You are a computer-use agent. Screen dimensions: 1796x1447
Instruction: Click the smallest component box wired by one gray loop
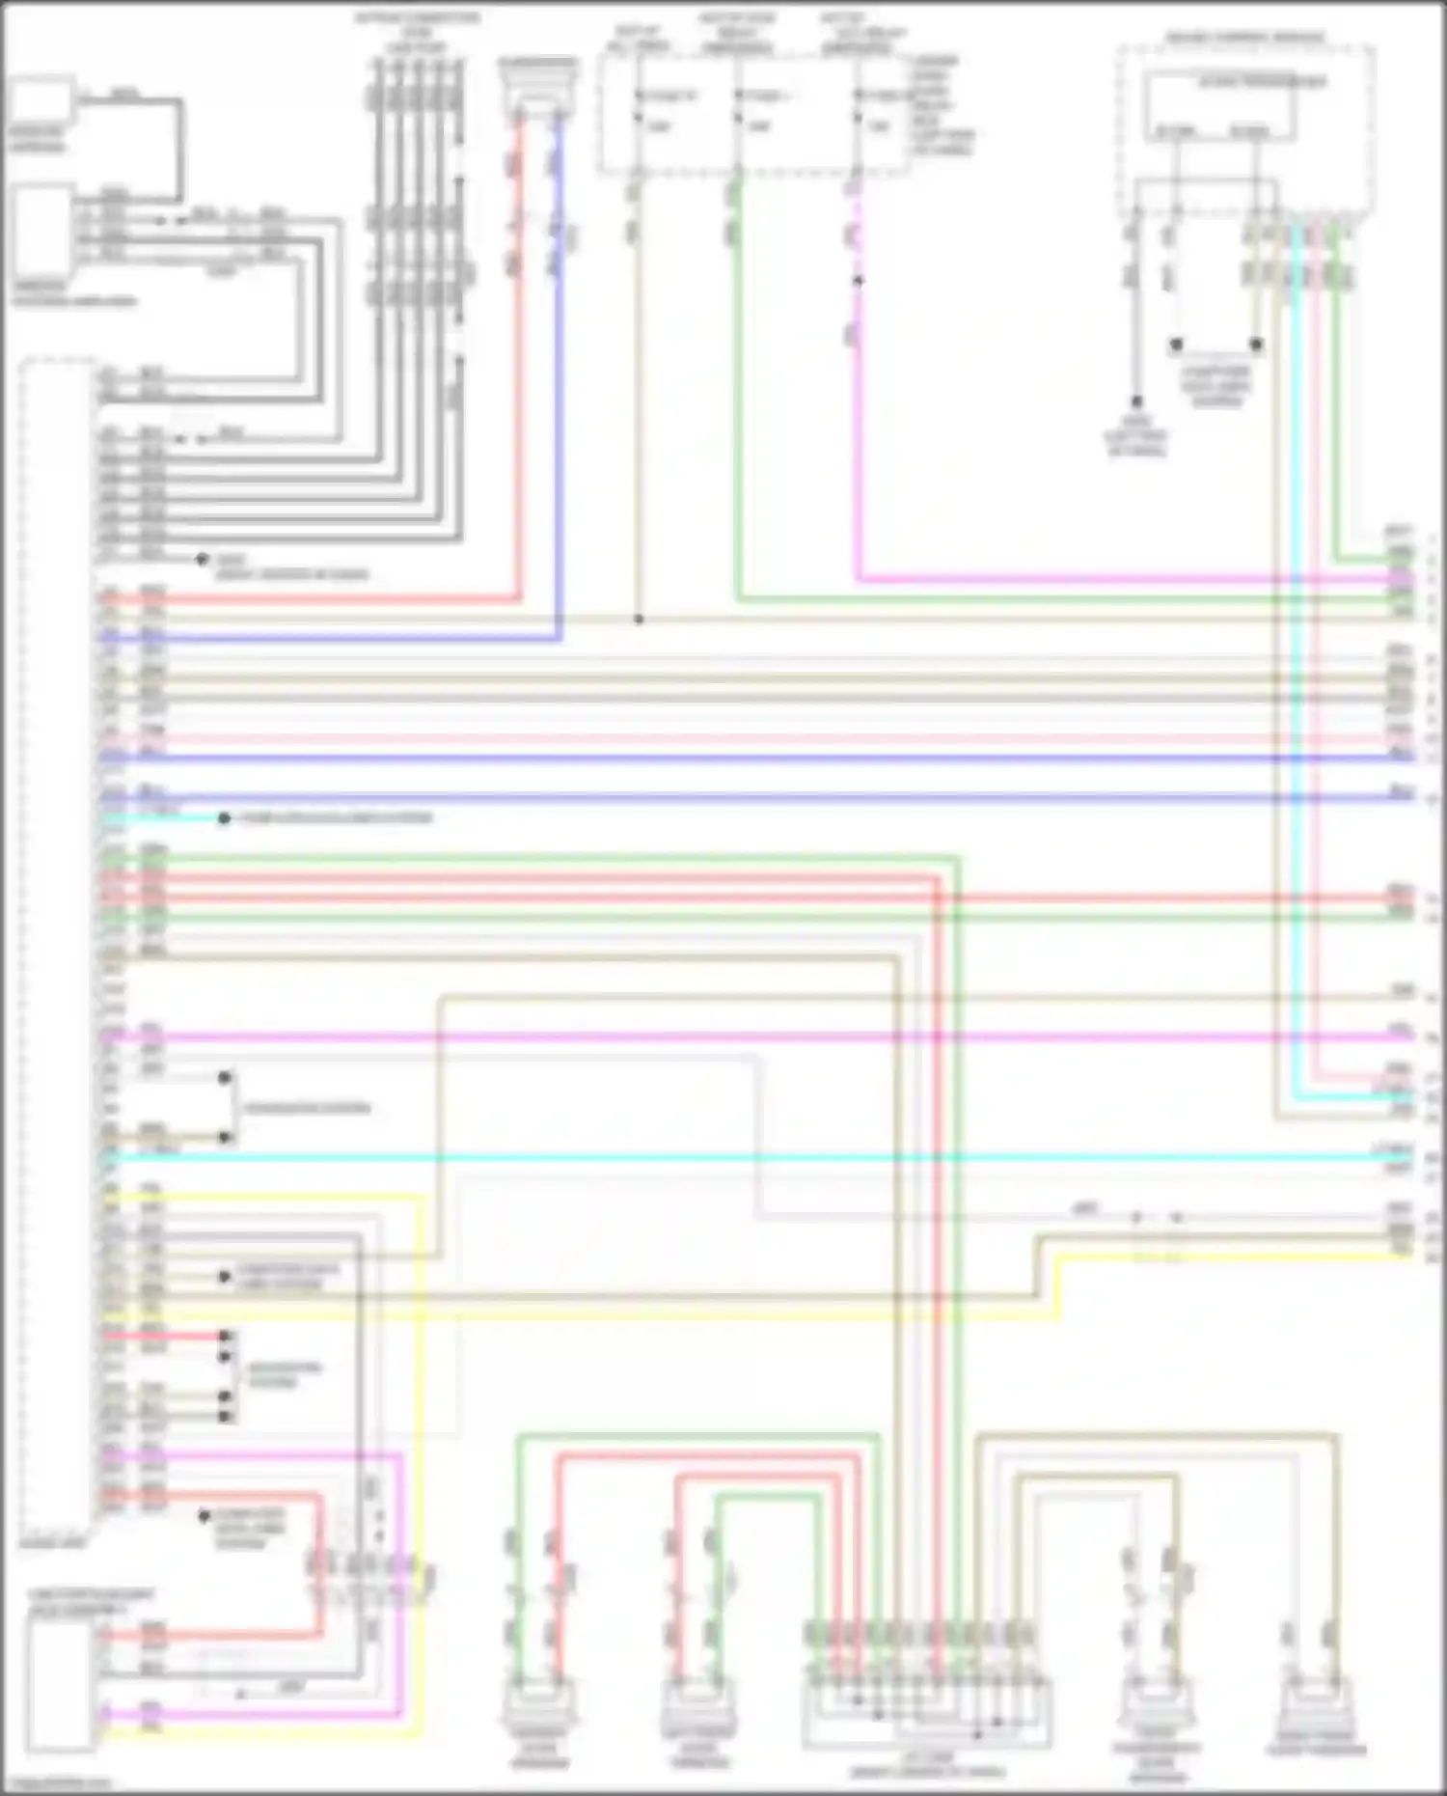pos(41,100)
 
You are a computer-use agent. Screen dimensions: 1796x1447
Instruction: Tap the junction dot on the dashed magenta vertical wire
pos(858,281)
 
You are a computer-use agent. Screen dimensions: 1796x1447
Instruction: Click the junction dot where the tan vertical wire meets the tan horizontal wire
pos(638,619)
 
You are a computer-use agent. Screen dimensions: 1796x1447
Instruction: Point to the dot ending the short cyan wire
pos(224,818)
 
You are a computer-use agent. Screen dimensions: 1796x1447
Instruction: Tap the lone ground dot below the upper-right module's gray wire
pos(1136,401)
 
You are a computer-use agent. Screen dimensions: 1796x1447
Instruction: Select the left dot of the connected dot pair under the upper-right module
pos(1176,344)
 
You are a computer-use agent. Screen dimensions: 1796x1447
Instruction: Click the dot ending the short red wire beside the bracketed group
pos(224,1337)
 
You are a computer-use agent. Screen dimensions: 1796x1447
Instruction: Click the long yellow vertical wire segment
pos(422,1448)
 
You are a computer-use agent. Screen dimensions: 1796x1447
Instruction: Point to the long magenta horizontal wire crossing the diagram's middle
pos(772,1037)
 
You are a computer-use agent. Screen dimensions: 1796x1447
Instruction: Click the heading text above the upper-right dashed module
pos(1244,38)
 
